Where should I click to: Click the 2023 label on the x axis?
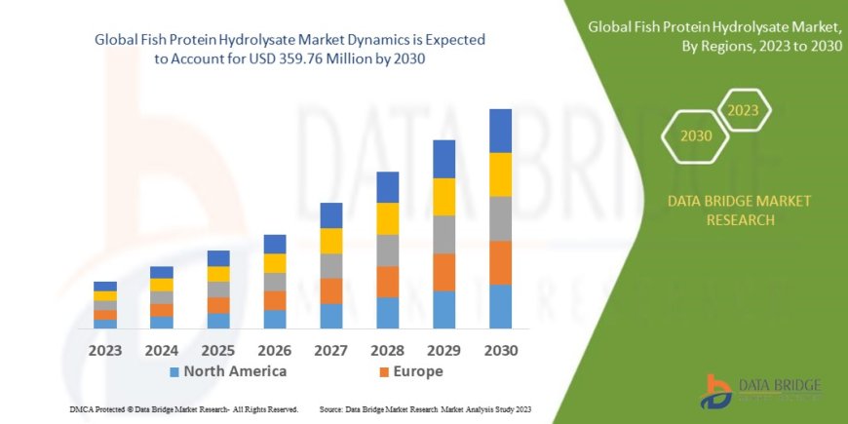point(105,350)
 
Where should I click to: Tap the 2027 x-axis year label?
point(331,350)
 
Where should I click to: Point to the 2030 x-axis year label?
point(500,350)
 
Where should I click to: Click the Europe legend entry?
point(410,371)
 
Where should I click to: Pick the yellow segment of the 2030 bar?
point(500,174)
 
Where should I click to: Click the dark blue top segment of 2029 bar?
point(444,159)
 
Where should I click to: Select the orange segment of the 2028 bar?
point(388,282)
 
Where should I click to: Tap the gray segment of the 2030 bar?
point(500,218)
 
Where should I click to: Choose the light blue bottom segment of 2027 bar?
point(331,316)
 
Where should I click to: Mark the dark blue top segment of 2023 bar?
point(105,286)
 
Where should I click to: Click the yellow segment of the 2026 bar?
point(275,263)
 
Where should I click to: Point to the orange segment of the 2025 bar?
point(218,305)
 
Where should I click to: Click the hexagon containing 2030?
point(696,135)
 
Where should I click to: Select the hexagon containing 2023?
point(743,110)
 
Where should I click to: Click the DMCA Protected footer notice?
point(184,409)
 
